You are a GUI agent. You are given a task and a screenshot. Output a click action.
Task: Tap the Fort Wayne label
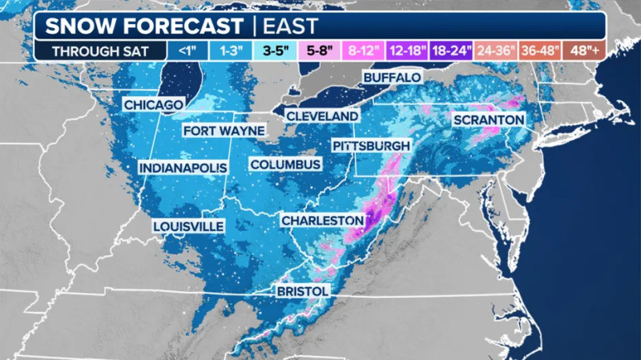coord(223,131)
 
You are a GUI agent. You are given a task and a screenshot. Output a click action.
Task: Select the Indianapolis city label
coord(183,168)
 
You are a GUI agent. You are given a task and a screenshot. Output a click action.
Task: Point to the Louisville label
coord(188,226)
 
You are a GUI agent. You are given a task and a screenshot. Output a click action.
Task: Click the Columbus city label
coord(285,164)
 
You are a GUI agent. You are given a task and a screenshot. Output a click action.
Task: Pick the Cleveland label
coord(322,116)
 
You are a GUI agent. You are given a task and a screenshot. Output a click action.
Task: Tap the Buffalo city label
coord(392,77)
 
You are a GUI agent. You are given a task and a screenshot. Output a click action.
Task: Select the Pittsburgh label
coord(372,146)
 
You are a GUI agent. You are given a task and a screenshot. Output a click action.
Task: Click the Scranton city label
coord(488,119)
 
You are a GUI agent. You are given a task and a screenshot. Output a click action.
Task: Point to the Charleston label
coord(322,219)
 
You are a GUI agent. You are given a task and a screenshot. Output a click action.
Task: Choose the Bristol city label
coord(303,289)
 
